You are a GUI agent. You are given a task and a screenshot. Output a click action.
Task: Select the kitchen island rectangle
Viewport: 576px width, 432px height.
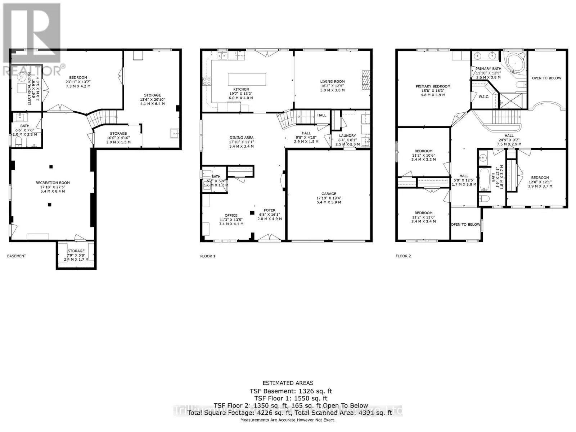click(247, 79)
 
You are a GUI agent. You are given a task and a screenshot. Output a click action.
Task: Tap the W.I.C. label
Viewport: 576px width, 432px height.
click(484, 96)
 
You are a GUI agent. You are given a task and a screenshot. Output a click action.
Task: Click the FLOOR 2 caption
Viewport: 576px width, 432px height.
click(403, 256)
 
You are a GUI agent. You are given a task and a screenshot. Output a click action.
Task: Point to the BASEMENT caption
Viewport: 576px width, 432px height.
click(17, 256)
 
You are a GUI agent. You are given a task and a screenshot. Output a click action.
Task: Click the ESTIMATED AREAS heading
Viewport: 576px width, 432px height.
click(288, 383)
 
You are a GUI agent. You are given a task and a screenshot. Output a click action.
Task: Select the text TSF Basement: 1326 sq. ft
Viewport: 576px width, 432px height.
click(291, 391)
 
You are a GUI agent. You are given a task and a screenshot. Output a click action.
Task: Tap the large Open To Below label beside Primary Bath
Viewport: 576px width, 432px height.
click(546, 78)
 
